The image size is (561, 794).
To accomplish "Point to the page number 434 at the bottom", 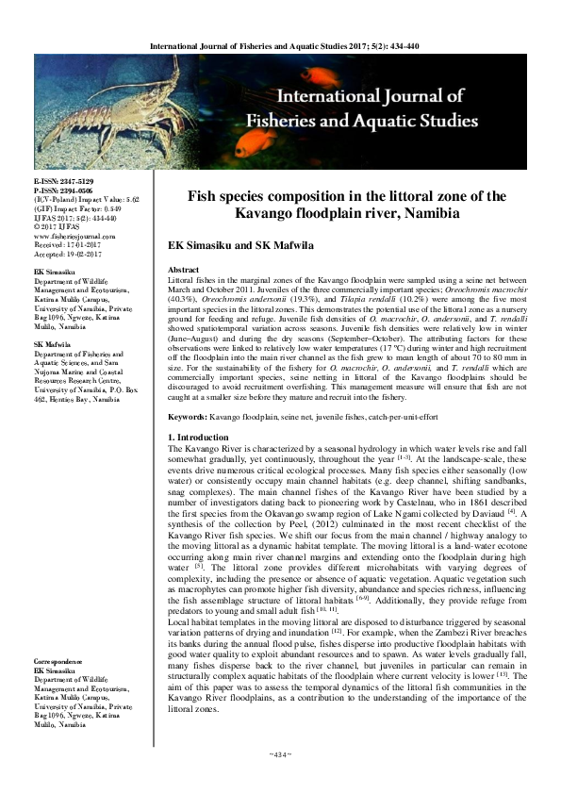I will pos(281,780).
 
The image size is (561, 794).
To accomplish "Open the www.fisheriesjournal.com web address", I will pos(73,236).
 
